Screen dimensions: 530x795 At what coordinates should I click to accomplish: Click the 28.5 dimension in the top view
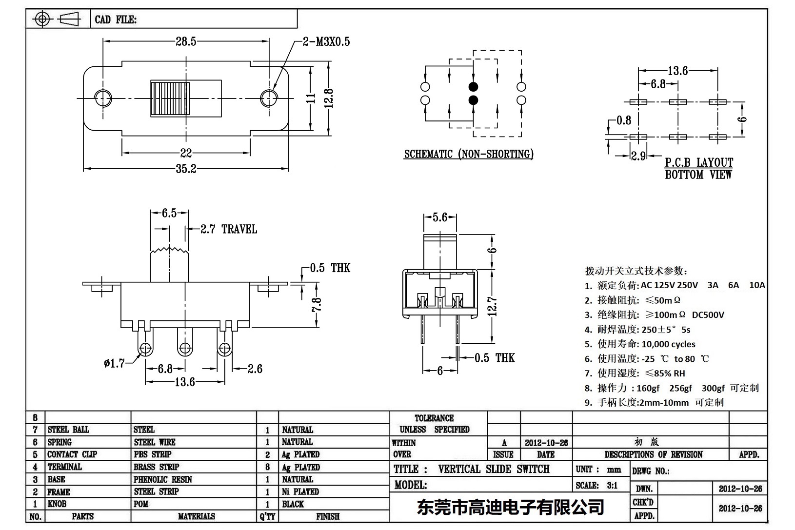click(186, 41)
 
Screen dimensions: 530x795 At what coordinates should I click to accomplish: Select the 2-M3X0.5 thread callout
click(326, 42)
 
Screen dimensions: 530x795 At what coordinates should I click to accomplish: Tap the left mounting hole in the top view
click(102, 98)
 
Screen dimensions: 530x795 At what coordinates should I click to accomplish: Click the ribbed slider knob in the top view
click(170, 98)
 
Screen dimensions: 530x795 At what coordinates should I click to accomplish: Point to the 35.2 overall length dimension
click(186, 168)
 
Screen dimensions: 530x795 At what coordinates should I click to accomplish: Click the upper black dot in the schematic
click(473, 87)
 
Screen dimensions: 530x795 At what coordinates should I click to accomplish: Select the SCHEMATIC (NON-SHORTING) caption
click(468, 154)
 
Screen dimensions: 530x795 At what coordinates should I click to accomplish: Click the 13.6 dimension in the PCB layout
click(677, 71)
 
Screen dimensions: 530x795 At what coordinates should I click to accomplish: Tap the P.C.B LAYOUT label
click(698, 162)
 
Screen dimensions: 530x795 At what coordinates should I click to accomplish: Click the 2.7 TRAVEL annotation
click(229, 229)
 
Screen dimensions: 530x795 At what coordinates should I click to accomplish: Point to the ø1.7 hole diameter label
click(114, 363)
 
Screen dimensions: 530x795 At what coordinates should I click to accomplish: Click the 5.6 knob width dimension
click(440, 217)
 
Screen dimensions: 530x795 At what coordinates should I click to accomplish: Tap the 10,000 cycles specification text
click(668, 344)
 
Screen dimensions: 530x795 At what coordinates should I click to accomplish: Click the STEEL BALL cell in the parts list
click(68, 430)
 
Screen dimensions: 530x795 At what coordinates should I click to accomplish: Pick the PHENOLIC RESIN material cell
click(162, 479)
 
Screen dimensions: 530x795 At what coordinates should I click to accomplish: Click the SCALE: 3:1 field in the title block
click(596, 485)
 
